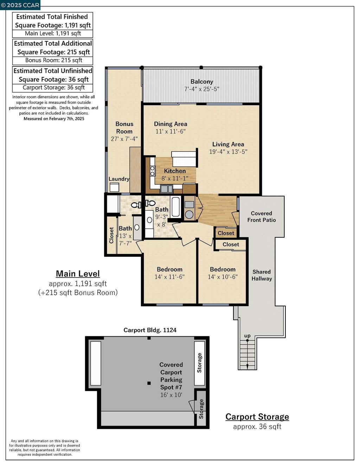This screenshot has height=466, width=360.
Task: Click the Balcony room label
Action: click(x=202, y=82)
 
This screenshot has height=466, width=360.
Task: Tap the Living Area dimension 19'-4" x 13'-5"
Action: click(x=228, y=152)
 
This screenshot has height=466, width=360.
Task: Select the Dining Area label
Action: click(x=171, y=124)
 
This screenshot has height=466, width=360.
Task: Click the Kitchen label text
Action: click(x=175, y=171)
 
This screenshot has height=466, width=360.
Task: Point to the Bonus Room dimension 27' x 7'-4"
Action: click(x=124, y=139)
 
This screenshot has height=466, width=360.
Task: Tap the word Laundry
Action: click(x=119, y=179)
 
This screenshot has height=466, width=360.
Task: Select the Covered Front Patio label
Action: click(x=262, y=217)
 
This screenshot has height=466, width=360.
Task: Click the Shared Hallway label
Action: click(x=262, y=275)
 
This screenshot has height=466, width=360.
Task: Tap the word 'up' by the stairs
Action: click(x=247, y=336)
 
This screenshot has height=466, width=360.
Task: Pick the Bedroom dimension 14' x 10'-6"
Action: click(x=223, y=277)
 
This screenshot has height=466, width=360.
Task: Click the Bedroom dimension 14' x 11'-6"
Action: click(x=169, y=277)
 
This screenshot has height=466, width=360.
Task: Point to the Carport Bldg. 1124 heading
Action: click(x=150, y=330)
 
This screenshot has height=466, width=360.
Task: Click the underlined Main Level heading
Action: click(x=78, y=274)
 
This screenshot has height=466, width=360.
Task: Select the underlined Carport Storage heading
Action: click(x=257, y=417)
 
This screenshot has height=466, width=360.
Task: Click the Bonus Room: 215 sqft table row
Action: click(x=53, y=60)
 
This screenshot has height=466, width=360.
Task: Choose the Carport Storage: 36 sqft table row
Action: click(x=53, y=88)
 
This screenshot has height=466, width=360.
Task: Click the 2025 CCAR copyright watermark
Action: click(x=20, y=5)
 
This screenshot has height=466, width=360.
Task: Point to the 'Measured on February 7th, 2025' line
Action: click(x=54, y=119)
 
